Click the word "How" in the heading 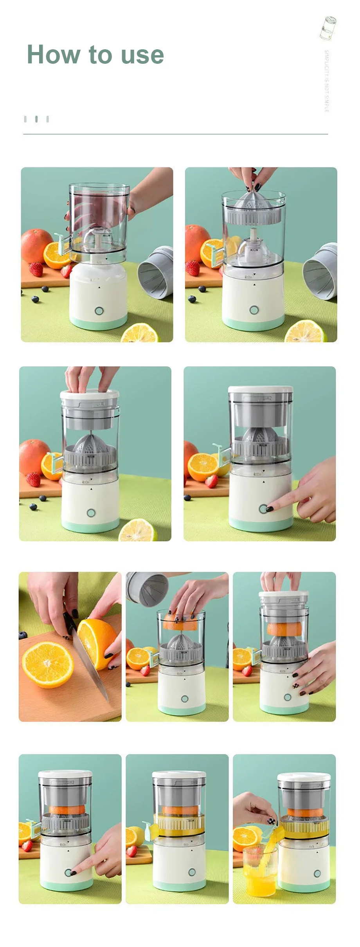click(53, 54)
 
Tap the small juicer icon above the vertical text click(328, 28)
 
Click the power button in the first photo click(99, 311)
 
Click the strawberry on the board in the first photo click(36, 269)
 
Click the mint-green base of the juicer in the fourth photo click(260, 524)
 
